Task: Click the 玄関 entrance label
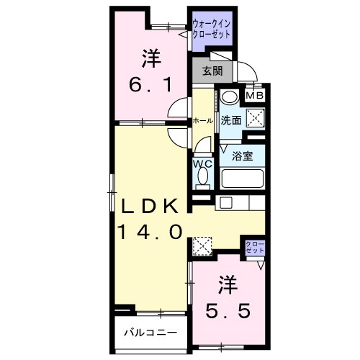point(212,71)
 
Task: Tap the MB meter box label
point(256,95)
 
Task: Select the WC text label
point(202,164)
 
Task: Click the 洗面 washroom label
point(230,120)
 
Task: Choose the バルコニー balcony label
point(149,333)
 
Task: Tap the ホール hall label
point(202,121)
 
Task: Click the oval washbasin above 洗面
point(229,99)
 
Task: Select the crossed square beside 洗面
point(254,120)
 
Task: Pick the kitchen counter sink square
point(225,203)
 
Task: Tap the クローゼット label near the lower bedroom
point(255,248)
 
